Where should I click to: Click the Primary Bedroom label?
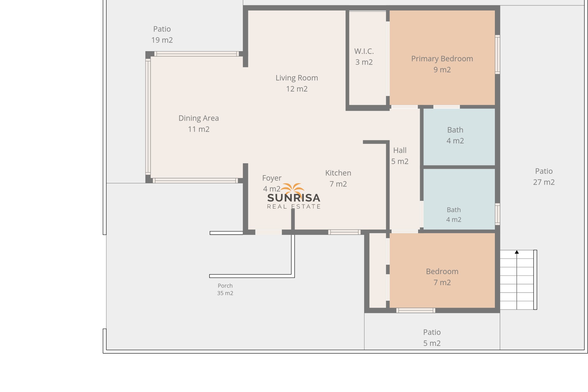click(442, 64)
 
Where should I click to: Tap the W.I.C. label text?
click(364, 57)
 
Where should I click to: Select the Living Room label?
click(296, 83)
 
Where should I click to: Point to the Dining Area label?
click(198, 123)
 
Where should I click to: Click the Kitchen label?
click(338, 178)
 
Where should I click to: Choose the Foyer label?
click(272, 183)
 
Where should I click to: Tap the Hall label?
click(400, 156)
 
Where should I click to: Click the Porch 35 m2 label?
click(225, 289)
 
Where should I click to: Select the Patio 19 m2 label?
click(162, 34)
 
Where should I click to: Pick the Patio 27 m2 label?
click(544, 176)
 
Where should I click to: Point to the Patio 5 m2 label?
click(432, 337)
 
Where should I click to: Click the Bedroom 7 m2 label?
click(442, 277)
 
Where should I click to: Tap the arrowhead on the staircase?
click(517, 252)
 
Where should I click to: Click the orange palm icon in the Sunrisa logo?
click(292, 189)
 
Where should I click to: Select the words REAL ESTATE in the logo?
click(294, 207)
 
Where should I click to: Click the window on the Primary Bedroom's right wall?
click(498, 55)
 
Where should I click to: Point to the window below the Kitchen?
click(345, 232)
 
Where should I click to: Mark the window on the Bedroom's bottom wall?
click(416, 311)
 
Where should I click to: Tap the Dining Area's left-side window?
click(148, 116)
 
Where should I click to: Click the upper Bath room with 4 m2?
click(458, 137)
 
